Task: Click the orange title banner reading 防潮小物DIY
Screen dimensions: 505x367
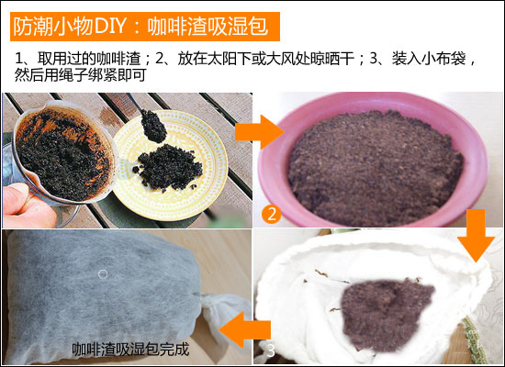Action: coord(145,27)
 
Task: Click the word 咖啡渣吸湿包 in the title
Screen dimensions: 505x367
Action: coord(208,27)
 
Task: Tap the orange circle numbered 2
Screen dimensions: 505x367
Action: coord(272,214)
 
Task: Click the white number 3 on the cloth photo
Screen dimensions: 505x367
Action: coord(271,350)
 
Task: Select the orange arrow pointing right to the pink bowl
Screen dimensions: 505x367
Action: coord(259,132)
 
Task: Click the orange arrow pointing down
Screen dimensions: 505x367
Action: coord(476,235)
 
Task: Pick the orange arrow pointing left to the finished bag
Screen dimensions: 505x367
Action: coord(245,329)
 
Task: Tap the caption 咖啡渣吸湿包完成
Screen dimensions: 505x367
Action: coord(130,349)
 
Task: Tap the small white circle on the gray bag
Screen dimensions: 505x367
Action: coord(103,274)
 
